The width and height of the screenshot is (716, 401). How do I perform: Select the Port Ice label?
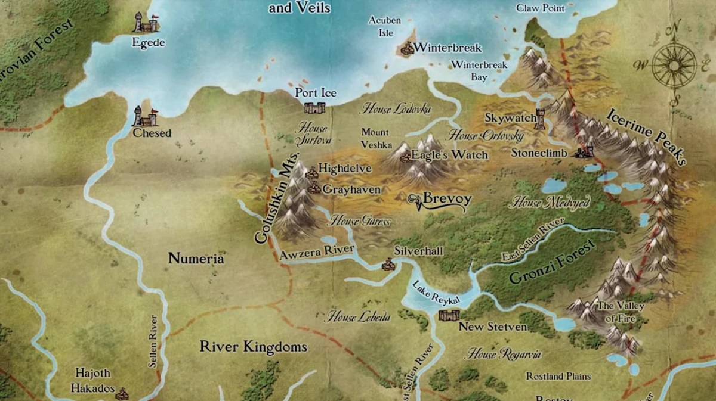pos(316,93)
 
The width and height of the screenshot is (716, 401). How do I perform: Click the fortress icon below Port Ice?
pos(314,108)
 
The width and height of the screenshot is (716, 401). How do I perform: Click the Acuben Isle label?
pos(384,27)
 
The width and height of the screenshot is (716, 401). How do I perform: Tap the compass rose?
pos(674,63)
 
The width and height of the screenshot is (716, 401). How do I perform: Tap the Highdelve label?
pos(345,169)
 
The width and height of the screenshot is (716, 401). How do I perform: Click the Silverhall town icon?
pos(389,263)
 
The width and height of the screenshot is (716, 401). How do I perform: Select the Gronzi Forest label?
pos(552,263)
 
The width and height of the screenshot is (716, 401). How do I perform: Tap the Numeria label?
pos(196,259)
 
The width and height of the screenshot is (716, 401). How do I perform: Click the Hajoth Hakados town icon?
pos(122,393)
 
